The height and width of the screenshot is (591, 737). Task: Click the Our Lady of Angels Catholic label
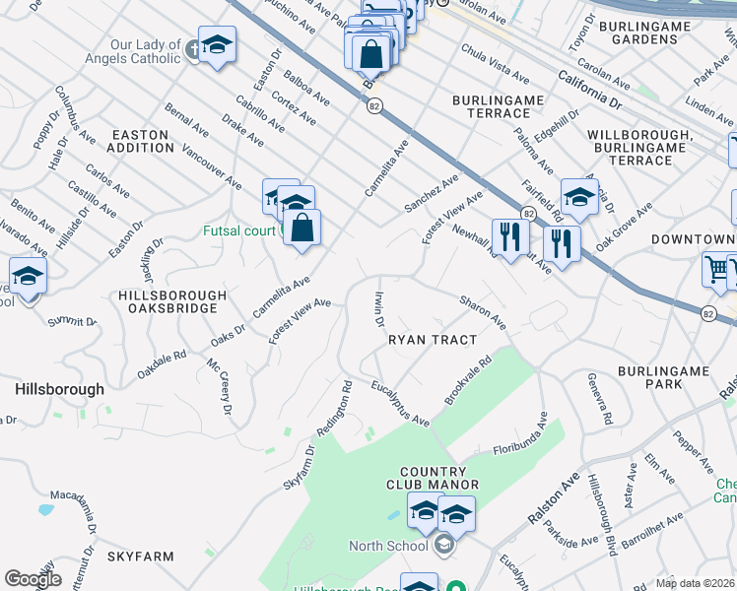(x=146, y=51)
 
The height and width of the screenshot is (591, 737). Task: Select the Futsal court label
(x=239, y=232)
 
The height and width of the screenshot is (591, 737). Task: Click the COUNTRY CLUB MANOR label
(x=439, y=477)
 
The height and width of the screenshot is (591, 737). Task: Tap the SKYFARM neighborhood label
(x=141, y=557)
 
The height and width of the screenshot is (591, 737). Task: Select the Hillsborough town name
(x=59, y=389)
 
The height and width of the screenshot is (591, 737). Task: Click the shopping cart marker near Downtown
(x=717, y=269)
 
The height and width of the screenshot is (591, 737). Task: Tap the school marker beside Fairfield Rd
(x=579, y=196)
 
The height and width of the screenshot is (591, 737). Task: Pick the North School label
(x=387, y=546)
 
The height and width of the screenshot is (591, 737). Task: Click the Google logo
(x=33, y=578)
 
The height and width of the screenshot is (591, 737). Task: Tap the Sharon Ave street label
(x=482, y=310)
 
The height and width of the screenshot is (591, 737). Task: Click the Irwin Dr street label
(x=377, y=307)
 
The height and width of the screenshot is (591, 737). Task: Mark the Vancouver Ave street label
(x=211, y=167)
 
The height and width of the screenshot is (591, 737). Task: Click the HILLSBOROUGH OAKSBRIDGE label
(x=172, y=301)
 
